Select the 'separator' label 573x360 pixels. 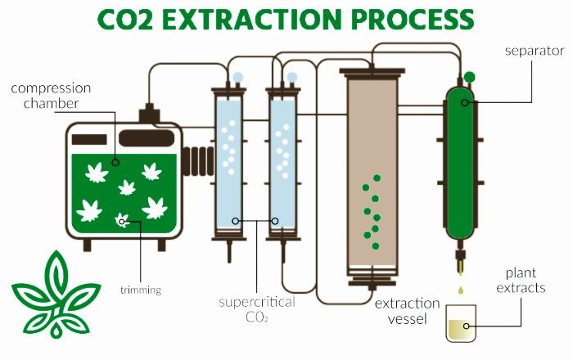click(x=535, y=51)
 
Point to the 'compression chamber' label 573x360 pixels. click(x=51, y=96)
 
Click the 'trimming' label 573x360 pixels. click(x=141, y=290)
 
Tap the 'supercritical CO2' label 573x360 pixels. click(x=257, y=309)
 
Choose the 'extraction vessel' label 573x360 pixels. click(x=407, y=311)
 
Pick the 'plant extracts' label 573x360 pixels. click(x=521, y=280)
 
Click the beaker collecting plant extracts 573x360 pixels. click(x=461, y=323)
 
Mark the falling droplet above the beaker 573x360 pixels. click(x=460, y=290)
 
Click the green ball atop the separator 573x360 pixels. click(x=469, y=77)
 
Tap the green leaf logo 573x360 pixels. click(x=56, y=295)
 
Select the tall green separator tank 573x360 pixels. click(x=460, y=164)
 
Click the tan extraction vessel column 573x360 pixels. click(x=372, y=172)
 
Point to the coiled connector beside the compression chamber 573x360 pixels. click(x=198, y=161)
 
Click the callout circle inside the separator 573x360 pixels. click(x=464, y=102)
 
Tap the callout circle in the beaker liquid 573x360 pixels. click(x=467, y=326)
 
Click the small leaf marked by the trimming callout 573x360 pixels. click(x=122, y=221)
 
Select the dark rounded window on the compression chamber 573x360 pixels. click(x=147, y=138)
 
